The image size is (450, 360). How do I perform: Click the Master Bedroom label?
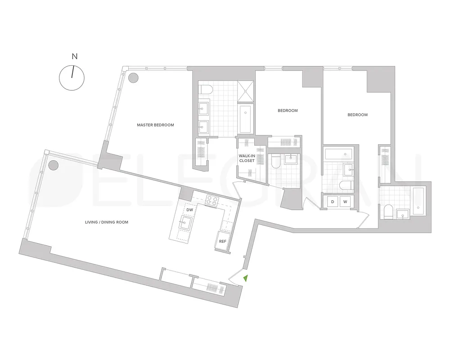click(155, 125)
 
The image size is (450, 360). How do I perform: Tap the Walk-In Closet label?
click(247, 157)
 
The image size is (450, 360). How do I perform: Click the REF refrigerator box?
click(222, 241)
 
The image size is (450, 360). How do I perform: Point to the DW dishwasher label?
click(189, 210)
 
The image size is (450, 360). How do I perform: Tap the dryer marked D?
click(333, 202)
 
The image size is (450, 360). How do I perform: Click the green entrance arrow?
click(245, 279)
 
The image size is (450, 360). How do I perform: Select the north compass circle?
click(72, 77)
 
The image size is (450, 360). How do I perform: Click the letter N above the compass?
click(75, 57)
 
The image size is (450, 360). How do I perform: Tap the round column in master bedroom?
click(133, 78)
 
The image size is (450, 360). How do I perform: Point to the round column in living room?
click(53, 165)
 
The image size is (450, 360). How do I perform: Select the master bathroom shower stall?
click(246, 91)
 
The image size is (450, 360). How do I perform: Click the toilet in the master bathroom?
click(205, 90)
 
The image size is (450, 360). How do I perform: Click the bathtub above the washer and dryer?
click(340, 154)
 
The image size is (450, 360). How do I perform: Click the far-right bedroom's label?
click(357, 115)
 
